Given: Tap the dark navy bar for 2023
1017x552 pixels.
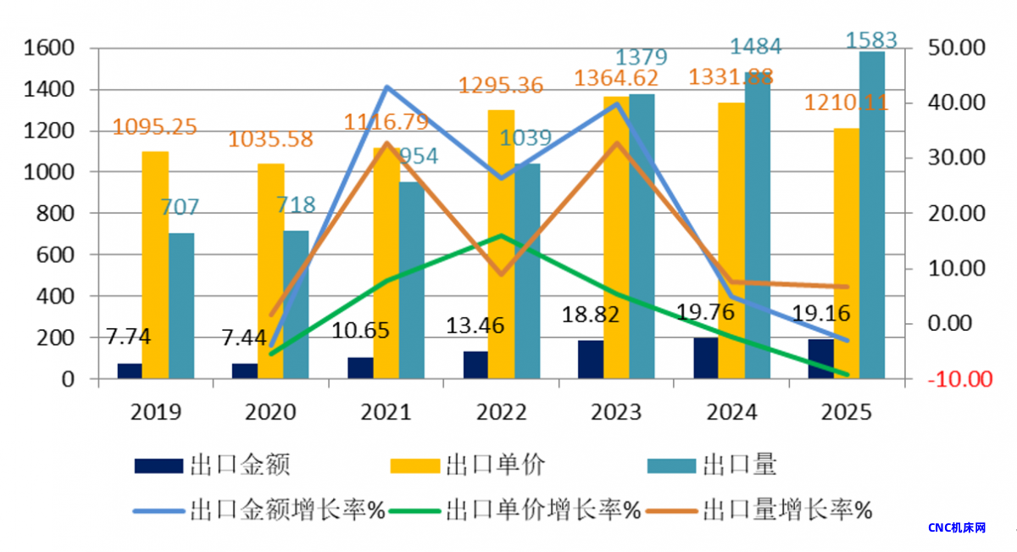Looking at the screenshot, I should pyautogui.click(x=591, y=360).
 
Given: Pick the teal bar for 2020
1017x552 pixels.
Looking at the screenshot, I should pyautogui.click(x=296, y=304).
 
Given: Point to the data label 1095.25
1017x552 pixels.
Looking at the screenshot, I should pyautogui.click(x=155, y=128).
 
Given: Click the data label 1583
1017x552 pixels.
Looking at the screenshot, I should pyautogui.click(x=872, y=40).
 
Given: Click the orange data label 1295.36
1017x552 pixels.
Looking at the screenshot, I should pyautogui.click(x=501, y=86).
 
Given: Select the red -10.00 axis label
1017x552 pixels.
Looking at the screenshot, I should pyautogui.click(x=959, y=379).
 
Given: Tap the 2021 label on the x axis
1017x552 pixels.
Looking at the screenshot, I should pyautogui.click(x=386, y=413).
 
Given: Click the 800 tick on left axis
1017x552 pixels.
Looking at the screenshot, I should pyautogui.click(x=57, y=214).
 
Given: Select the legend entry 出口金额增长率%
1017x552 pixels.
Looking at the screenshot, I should pyautogui.click(x=288, y=510).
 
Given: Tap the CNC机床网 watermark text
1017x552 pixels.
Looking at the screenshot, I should pyautogui.click(x=957, y=527).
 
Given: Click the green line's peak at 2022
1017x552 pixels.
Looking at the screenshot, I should pyautogui.click(x=501, y=236).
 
